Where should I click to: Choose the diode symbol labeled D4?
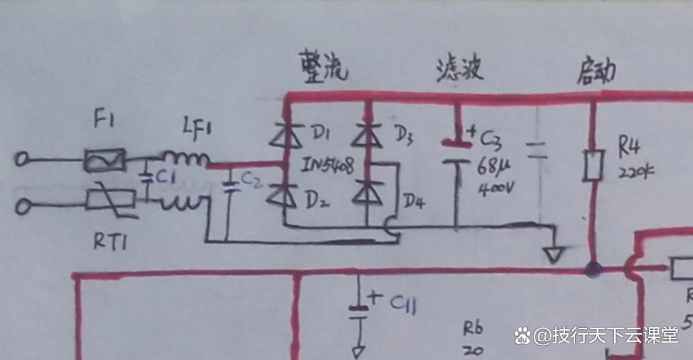click(366, 194)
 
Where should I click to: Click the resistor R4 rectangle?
click(593, 165)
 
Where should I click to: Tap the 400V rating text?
click(496, 188)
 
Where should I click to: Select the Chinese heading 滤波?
click(459, 69)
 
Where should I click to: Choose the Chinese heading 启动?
click(596, 71)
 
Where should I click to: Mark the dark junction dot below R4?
click(593, 271)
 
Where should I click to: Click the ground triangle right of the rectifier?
click(555, 255)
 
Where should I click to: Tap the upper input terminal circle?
click(22, 161)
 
